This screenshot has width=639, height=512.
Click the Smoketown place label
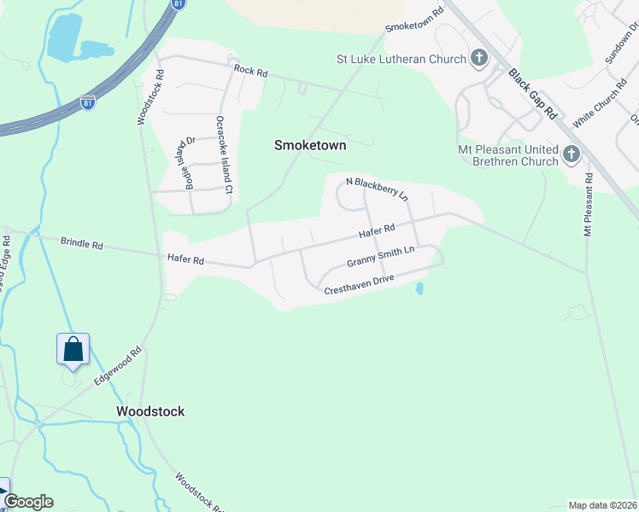point(309,145)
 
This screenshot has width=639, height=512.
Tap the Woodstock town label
point(150,411)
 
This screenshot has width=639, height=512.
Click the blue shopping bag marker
point(73,349)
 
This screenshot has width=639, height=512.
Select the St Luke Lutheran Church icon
point(479,59)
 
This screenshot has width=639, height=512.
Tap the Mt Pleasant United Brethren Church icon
point(572,154)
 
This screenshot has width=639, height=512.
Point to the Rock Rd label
point(250,73)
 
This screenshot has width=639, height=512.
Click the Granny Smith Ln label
point(380,257)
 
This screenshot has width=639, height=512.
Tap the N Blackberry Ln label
point(377,188)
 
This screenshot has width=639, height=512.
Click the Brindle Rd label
point(81,244)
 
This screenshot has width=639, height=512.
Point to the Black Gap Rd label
point(532,93)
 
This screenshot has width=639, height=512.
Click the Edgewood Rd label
point(117,366)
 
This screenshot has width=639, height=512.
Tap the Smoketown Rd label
point(415,20)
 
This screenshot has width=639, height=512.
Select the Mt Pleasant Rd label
point(588,204)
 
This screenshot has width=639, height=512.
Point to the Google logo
point(28,502)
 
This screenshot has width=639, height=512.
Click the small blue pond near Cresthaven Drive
point(419,289)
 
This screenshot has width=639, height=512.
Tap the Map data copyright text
point(602,505)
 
